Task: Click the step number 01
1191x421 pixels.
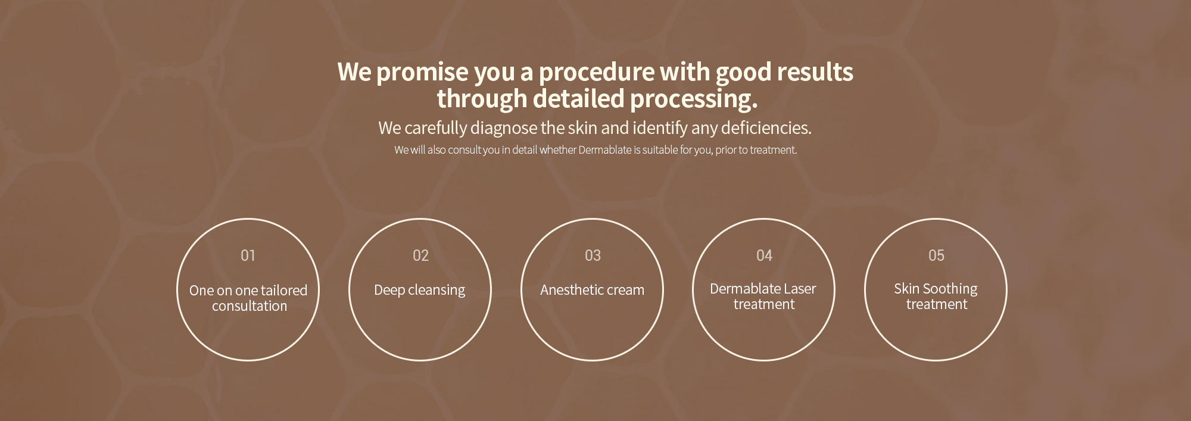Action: coord(248,255)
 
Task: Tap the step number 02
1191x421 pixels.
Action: coord(420,255)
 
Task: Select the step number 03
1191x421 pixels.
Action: coord(593,255)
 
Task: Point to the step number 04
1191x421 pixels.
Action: coord(764,255)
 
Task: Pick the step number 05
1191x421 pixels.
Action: coord(936,255)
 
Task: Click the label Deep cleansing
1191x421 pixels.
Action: coord(419,290)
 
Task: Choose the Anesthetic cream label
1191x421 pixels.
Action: coord(592,290)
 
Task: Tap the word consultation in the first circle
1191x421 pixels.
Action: coord(250,306)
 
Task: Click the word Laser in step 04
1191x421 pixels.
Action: coord(800,289)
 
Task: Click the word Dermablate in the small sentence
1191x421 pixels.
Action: coord(605,150)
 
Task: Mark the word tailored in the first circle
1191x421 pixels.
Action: coord(285,291)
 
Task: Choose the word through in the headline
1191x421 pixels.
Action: coord(482,99)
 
